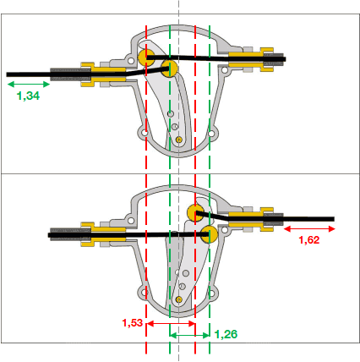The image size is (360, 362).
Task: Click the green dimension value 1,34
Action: point(28,96)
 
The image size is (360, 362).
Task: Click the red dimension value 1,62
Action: point(309,240)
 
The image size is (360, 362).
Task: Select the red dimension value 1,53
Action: point(133,322)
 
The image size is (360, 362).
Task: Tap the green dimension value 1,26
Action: point(226,334)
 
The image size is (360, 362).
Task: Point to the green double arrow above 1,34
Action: point(29,84)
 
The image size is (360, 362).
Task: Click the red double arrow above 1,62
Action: point(309,228)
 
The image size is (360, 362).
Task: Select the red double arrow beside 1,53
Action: point(171,324)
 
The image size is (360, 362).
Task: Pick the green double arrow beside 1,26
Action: point(189,335)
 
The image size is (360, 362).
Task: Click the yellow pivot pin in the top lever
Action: point(179,140)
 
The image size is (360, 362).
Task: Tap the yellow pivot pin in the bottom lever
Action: point(178,299)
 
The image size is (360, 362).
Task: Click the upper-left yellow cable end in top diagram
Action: point(146,57)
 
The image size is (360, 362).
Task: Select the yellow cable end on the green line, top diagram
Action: point(169,69)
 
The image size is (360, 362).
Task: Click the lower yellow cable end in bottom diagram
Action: point(210,234)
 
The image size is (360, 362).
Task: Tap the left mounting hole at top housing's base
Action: point(145,133)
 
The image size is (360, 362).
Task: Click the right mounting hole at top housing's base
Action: point(212,133)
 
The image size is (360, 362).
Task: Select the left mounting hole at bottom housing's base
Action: point(145,293)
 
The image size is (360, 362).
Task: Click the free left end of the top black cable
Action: point(7,74)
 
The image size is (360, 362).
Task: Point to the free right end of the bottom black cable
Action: point(334,219)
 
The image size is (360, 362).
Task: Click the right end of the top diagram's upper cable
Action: point(285,59)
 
